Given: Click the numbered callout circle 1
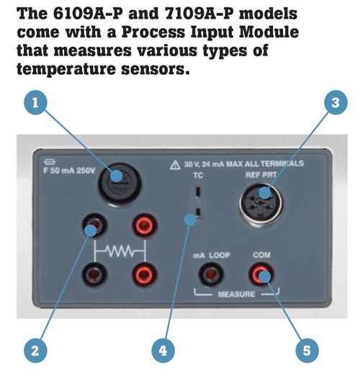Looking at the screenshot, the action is [35, 103].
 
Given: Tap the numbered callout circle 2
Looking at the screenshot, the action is [35, 351].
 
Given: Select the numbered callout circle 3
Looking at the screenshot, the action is [336, 103].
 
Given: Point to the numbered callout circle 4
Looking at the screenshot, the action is [163, 351].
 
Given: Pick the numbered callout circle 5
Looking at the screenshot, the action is [307, 351].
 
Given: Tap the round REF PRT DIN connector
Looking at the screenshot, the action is [261, 204].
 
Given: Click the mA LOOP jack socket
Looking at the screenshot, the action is [211, 274].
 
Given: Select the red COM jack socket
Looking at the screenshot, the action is [261, 274].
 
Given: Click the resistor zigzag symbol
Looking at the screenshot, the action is [120, 251].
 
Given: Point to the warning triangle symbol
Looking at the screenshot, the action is [175, 166].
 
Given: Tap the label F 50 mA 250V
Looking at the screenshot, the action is [69, 171].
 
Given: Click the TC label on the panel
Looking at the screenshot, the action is [198, 176].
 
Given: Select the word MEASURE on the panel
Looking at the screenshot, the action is [236, 294].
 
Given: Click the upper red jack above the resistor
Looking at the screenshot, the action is [145, 225].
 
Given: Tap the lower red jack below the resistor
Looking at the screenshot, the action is [145, 274].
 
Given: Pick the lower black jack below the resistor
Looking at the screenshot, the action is [94, 274].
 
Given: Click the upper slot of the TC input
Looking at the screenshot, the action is [198, 192].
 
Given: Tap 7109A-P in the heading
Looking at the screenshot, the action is [199, 14].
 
